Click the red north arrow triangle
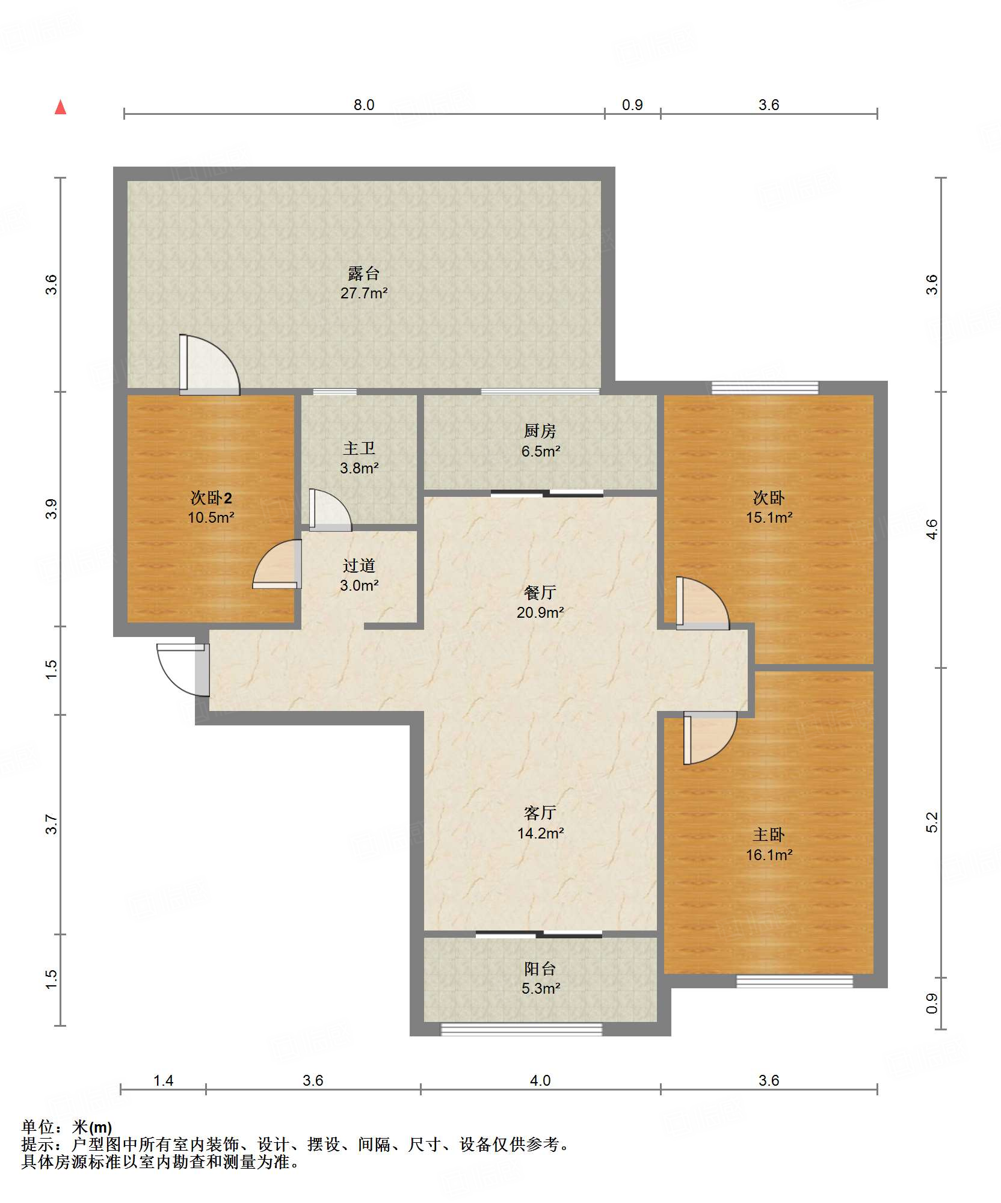(60, 107)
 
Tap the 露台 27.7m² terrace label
(364, 283)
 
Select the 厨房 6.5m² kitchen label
(540, 441)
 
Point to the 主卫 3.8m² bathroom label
(359, 458)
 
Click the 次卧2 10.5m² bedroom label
(211, 507)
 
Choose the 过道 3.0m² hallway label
(359, 575)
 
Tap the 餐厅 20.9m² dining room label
(540, 602)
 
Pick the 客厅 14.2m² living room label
(540, 823)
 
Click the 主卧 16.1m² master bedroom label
(769, 845)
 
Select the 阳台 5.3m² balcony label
(540, 978)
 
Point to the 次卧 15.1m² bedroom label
(769, 507)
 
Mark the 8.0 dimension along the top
(364, 105)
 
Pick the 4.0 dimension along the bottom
(540, 1080)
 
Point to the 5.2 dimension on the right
(931, 822)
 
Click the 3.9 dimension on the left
(52, 509)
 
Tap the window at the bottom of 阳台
(522, 1030)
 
